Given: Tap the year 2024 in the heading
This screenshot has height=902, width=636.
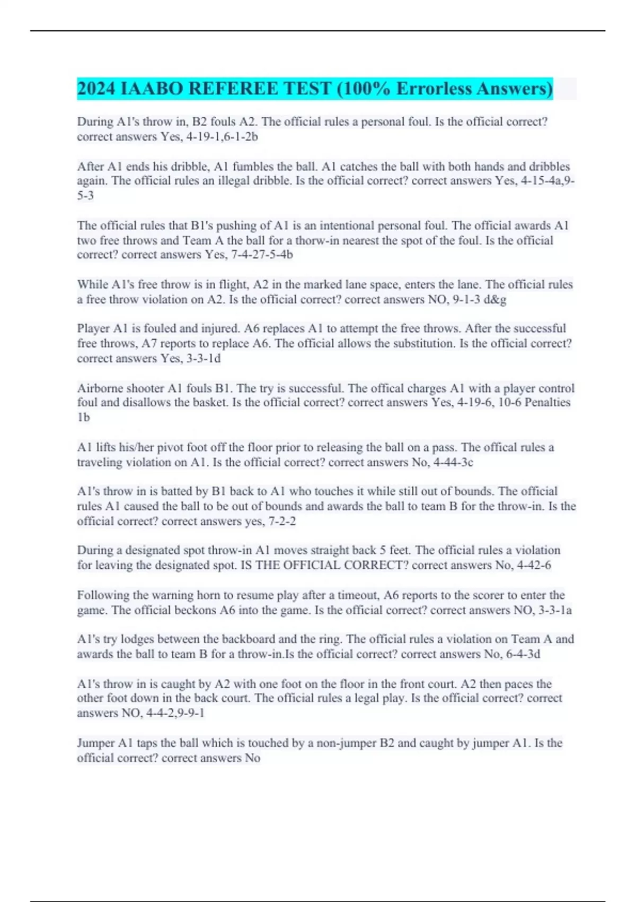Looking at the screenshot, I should click(96, 89).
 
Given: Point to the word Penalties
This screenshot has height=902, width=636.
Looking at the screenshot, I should click(547, 403).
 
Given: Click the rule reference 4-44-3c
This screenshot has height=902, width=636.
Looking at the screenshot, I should click(453, 462).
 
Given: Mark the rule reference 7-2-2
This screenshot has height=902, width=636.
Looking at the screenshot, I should click(282, 521).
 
